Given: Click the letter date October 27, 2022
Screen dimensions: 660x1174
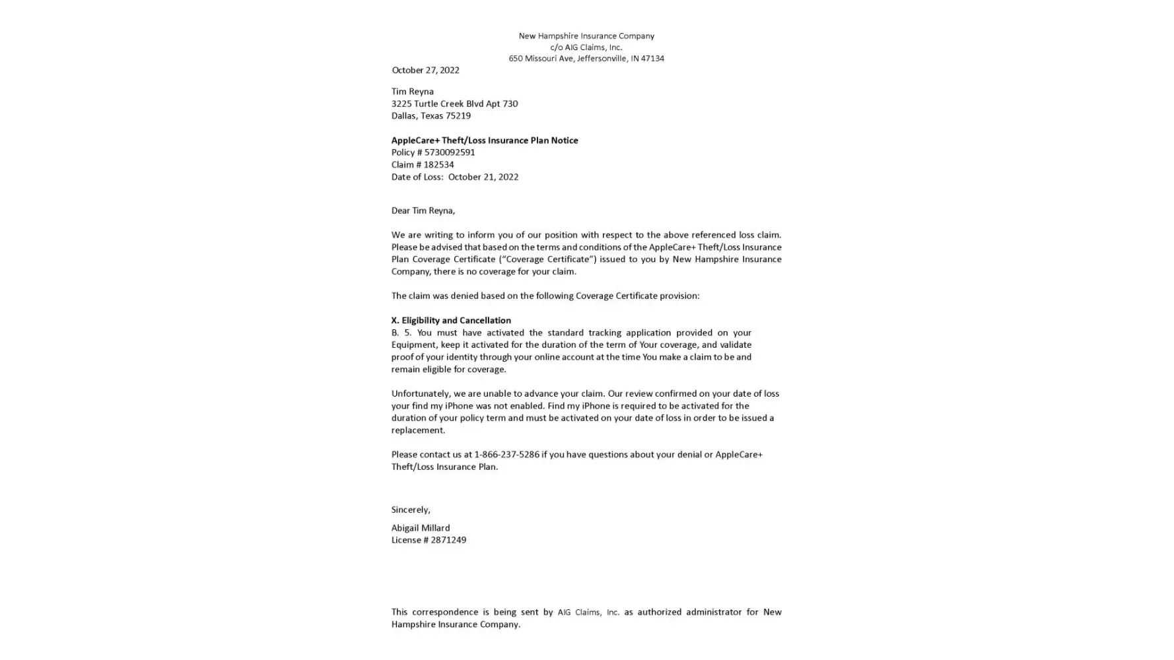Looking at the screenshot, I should pyautogui.click(x=425, y=70).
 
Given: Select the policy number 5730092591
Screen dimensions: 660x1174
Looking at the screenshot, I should pyautogui.click(x=450, y=152).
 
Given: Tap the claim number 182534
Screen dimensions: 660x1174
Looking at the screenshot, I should pyautogui.click(x=438, y=165).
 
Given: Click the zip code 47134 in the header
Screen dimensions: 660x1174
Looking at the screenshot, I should pyautogui.click(x=652, y=59).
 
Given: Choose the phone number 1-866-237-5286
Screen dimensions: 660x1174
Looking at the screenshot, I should pyautogui.click(x=506, y=455).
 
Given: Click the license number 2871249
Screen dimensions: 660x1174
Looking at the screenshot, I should pyautogui.click(x=448, y=540).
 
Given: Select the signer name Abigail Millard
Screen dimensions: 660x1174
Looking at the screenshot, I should pyautogui.click(x=421, y=528).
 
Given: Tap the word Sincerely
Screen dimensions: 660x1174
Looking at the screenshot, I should pyautogui.click(x=410, y=510).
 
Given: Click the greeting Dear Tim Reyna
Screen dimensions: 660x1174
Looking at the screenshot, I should pyautogui.click(x=423, y=211).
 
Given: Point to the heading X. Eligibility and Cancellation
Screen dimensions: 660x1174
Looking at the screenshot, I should pyautogui.click(x=451, y=320).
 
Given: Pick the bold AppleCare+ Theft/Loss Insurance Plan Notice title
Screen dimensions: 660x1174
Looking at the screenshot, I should pyautogui.click(x=484, y=140).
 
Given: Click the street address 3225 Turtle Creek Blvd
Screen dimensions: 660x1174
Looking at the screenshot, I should pyautogui.click(x=436, y=104).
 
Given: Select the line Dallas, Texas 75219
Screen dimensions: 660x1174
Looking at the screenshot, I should pyautogui.click(x=431, y=115).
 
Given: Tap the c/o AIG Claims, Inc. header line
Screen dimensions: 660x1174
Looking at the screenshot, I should pyautogui.click(x=586, y=48).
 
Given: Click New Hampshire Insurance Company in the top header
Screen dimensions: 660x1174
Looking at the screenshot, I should pyautogui.click(x=586, y=36).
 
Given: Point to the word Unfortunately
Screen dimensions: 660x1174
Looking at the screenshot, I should pyautogui.click(x=421, y=393).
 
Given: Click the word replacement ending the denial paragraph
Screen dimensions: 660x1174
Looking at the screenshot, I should pyautogui.click(x=417, y=430).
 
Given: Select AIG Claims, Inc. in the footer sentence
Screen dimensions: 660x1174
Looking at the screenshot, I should pyautogui.click(x=588, y=612).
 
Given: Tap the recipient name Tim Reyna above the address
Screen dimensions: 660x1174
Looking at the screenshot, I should pyautogui.click(x=412, y=92).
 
